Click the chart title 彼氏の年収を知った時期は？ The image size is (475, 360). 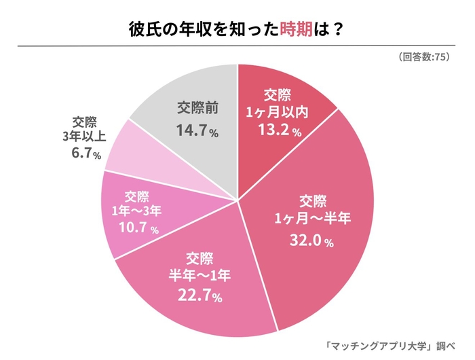[x=237, y=30]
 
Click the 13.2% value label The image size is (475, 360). [x=277, y=130]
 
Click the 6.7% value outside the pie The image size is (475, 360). [x=85, y=154]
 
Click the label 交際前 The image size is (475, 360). [x=197, y=108]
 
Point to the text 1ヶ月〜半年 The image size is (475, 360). [x=313, y=219]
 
